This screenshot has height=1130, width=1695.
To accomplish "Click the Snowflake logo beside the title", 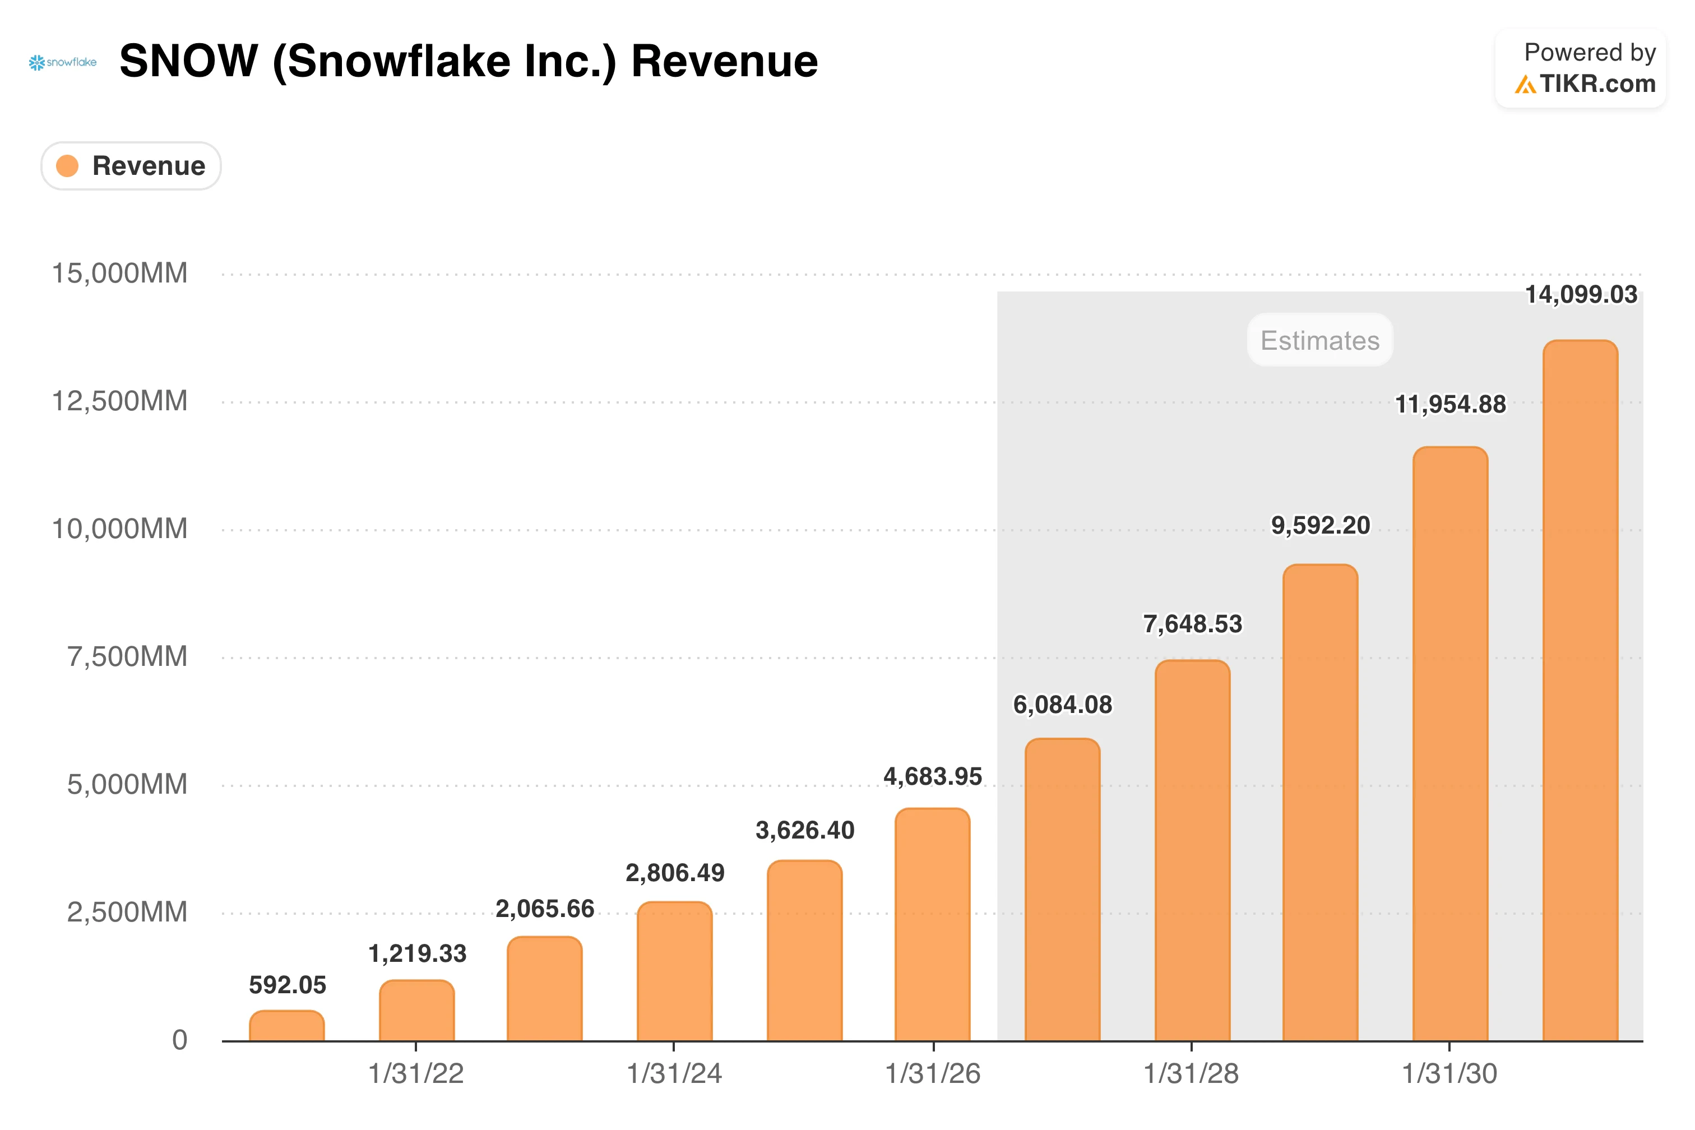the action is [63, 63].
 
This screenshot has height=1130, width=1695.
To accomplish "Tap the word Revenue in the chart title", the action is [724, 61].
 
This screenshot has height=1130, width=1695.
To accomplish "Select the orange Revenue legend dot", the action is [67, 166].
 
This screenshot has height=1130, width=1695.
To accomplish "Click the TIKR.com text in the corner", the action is [1597, 84].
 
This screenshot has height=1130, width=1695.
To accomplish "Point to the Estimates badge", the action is [1319, 340].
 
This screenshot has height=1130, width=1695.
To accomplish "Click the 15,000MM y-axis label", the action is [119, 273].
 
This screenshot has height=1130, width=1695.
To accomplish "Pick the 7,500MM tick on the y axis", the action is [127, 656].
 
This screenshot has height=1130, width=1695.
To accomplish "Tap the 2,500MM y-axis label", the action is [127, 913].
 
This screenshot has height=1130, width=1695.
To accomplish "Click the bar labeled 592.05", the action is [287, 1026].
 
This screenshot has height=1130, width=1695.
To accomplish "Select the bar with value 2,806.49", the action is [674, 971].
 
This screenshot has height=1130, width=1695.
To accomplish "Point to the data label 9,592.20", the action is [1320, 525].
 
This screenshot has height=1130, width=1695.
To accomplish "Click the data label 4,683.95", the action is [933, 776].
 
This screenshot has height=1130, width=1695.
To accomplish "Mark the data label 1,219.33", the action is [417, 953].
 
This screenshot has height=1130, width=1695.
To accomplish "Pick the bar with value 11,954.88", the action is [1450, 744].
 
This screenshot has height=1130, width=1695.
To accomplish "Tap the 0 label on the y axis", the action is [179, 1040].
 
